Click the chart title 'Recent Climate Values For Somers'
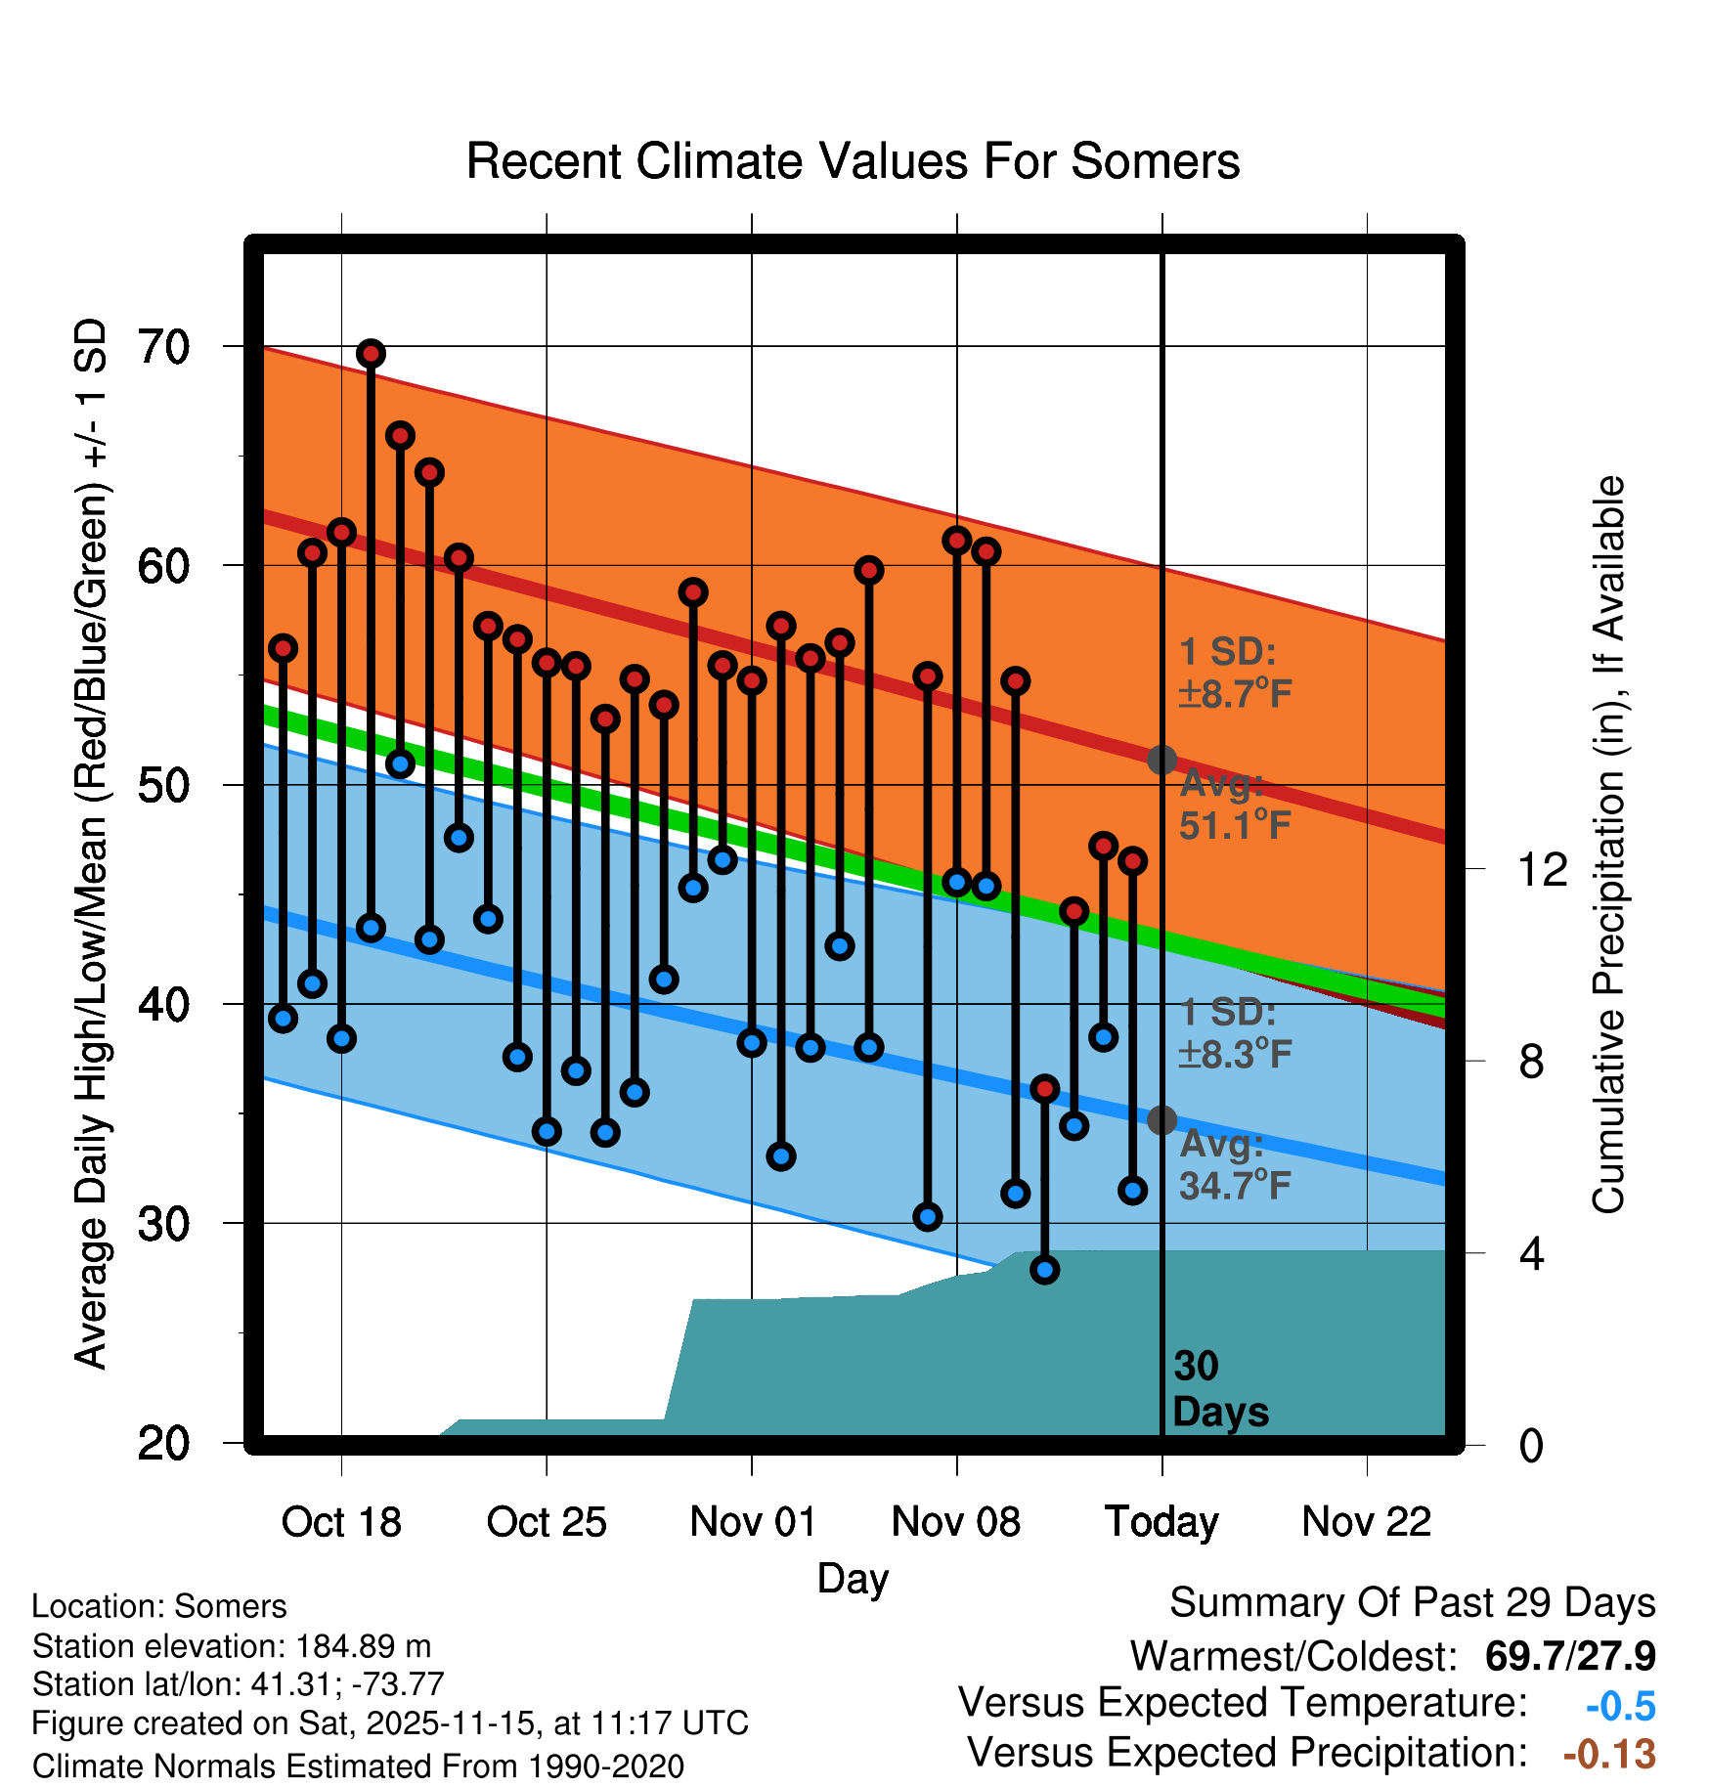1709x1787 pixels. click(853, 161)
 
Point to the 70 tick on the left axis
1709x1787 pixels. click(164, 347)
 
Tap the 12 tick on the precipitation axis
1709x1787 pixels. click(1542, 869)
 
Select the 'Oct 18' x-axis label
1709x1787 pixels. click(341, 1522)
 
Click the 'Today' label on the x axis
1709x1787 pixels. click(1161, 1522)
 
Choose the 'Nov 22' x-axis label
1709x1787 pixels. click(1366, 1522)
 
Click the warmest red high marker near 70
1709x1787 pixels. click(371, 354)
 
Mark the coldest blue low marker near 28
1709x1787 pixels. click(1045, 1270)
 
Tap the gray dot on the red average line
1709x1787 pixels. click(1161, 760)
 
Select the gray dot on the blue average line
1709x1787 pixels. click(1161, 1120)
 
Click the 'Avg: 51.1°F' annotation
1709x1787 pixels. click(1234, 806)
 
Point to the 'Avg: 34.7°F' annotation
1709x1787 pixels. click(1234, 1165)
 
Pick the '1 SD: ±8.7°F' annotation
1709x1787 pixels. click(1234, 673)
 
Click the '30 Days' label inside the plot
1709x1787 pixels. click(1219, 1389)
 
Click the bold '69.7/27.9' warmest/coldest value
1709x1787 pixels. click(1569, 1657)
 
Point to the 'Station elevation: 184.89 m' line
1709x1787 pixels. click(232, 1646)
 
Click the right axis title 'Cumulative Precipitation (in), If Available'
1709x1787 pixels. click(1608, 845)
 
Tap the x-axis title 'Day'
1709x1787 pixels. click(853, 1579)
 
